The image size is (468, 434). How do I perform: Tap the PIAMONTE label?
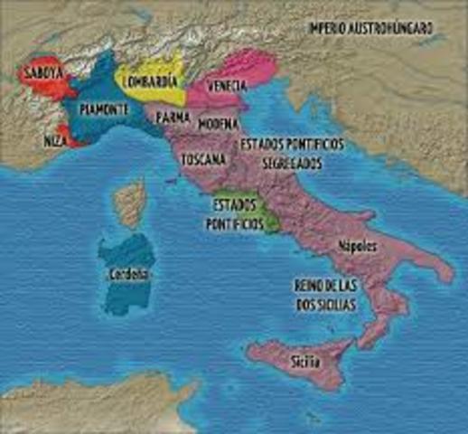[105, 108]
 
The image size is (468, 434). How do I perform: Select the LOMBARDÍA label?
[150, 79]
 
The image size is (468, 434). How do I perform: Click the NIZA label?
[54, 141]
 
